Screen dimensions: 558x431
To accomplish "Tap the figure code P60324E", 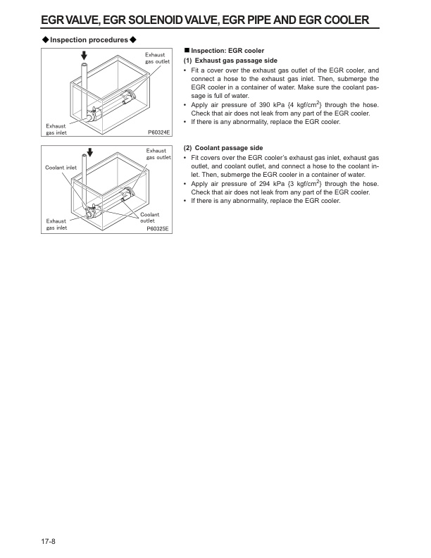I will point(160,132).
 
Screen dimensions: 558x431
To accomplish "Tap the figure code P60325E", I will point(160,229).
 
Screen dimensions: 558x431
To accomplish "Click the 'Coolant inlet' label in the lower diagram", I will point(61,167).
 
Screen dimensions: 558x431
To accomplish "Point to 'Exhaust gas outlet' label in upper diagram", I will point(157,58).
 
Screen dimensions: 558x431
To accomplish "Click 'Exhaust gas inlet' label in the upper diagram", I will point(56,128).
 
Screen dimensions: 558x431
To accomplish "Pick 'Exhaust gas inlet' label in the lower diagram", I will point(56,224).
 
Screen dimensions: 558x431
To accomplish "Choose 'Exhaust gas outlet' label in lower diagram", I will point(158,154).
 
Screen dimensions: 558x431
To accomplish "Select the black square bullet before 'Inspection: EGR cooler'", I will point(186,51).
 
